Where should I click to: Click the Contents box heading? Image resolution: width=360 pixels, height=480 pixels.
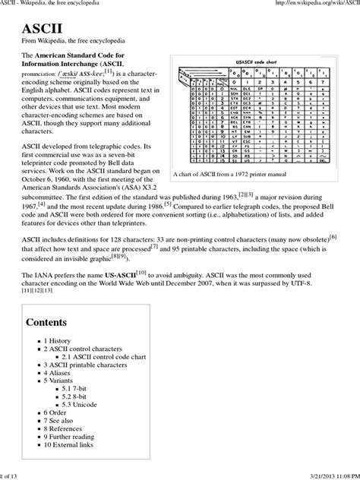tap(52, 322)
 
